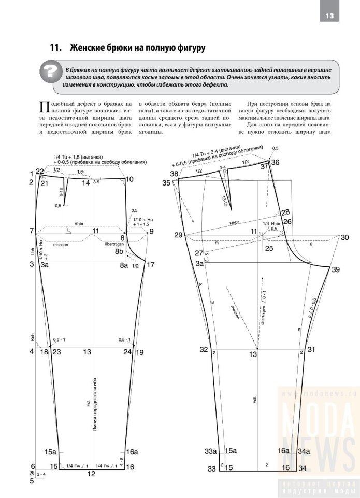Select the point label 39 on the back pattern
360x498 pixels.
click(336, 269)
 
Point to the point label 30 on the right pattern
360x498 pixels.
click(344, 237)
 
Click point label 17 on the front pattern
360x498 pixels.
click(151, 265)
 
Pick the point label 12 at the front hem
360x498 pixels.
click(91, 473)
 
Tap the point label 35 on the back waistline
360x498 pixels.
click(166, 183)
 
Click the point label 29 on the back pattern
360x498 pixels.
click(178, 235)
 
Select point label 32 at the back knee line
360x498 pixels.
click(204, 349)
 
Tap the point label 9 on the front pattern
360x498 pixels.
click(151, 231)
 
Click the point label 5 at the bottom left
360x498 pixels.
click(32, 480)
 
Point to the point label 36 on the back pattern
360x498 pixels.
click(275, 162)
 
